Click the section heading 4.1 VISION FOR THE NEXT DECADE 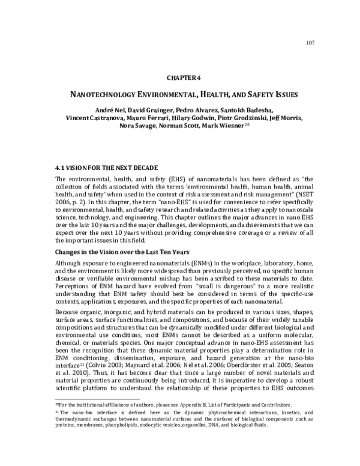click(106, 166)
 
